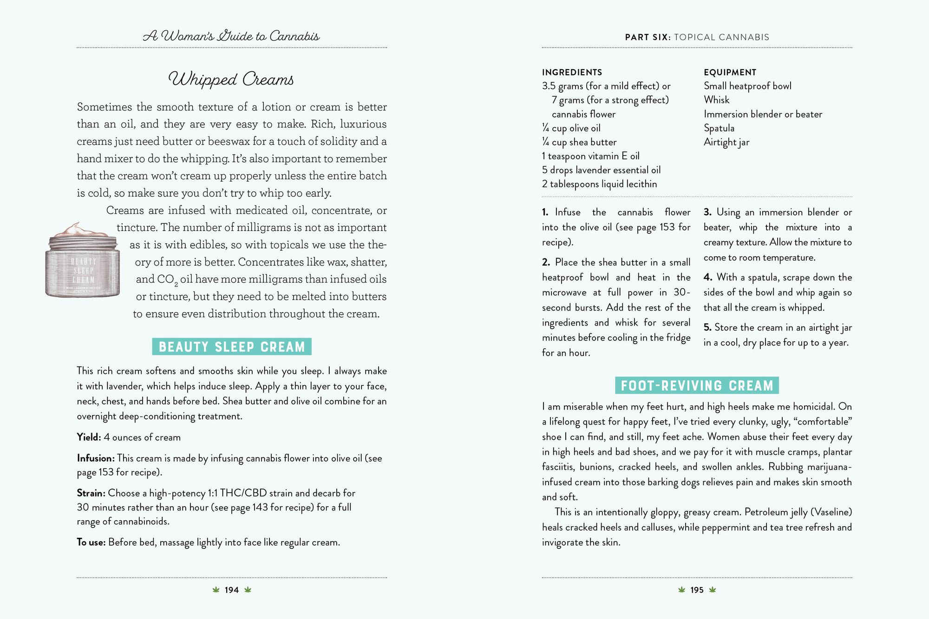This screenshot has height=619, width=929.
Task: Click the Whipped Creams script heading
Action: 231,79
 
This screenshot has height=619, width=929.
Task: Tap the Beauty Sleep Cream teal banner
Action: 232,347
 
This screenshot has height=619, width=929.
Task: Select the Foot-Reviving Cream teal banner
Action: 697,385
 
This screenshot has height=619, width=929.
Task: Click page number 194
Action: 231,590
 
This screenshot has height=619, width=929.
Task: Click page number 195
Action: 697,590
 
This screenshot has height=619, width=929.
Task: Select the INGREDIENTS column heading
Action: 572,72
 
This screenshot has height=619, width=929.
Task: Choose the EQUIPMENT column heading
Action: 730,72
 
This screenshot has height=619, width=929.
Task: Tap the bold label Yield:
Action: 89,437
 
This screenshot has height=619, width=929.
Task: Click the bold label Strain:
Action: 91,493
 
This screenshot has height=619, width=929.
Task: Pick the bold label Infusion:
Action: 96,458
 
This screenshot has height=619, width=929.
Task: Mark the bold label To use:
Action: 91,542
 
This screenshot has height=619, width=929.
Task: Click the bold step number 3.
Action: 707,212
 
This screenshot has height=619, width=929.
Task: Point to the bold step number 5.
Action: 707,327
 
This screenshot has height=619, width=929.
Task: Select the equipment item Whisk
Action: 716,100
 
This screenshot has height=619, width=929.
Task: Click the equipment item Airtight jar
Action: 726,142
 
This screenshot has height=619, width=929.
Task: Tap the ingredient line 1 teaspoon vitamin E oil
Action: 590,156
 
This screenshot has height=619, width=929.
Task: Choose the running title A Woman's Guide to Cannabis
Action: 231,36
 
